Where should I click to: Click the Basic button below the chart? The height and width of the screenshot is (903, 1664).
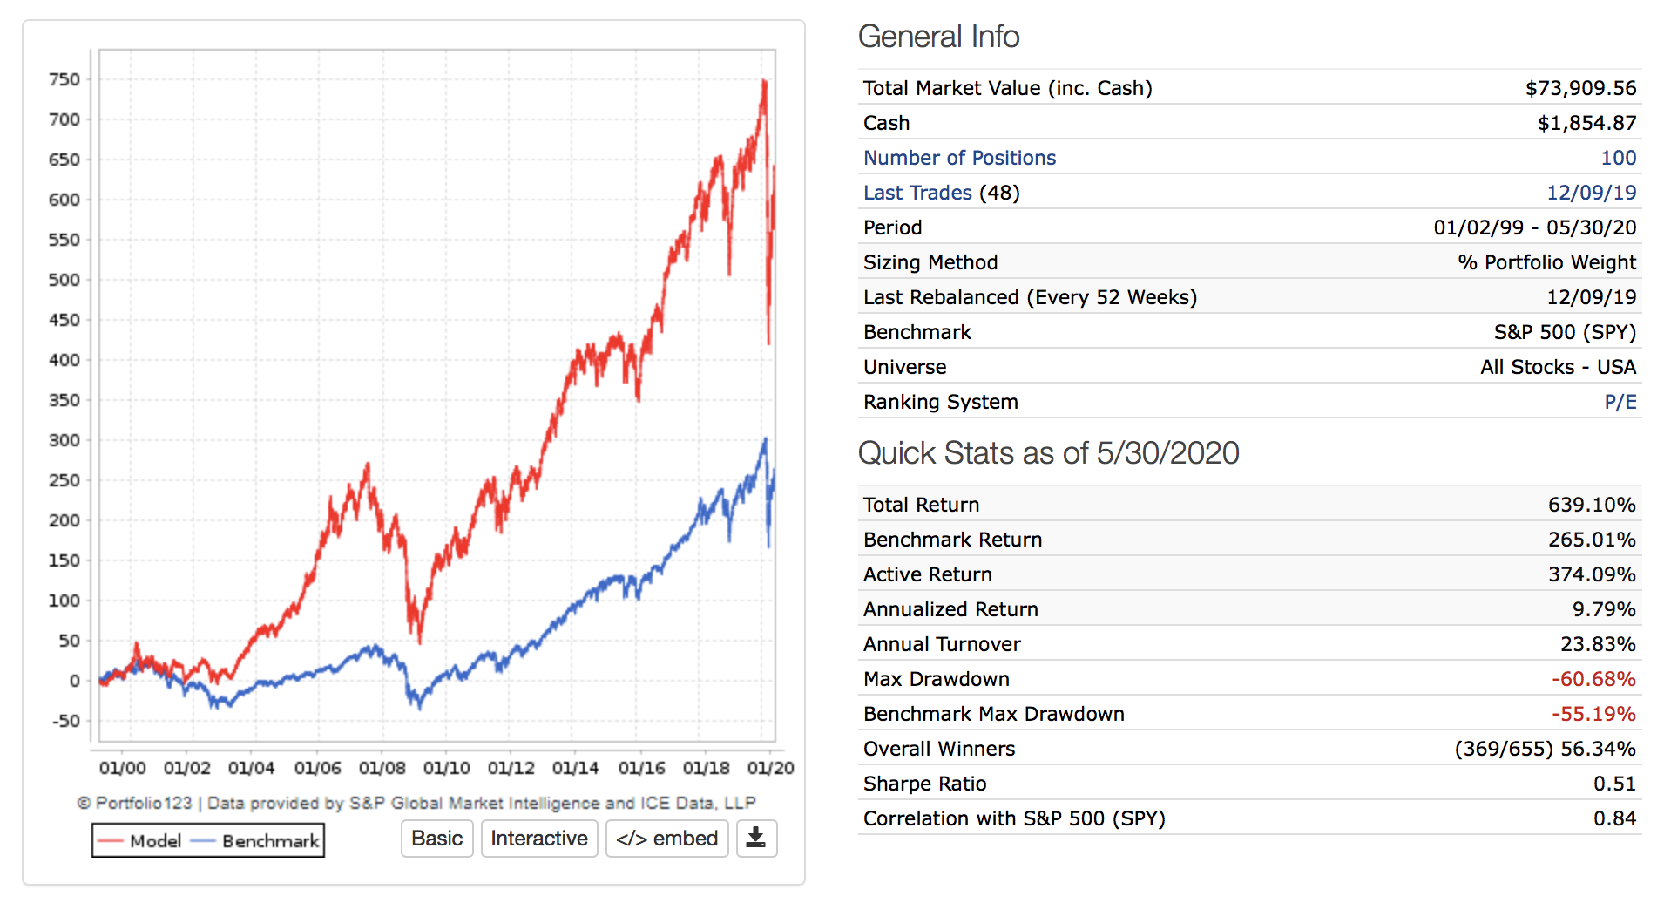(x=436, y=838)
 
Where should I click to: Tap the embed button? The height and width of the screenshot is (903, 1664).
(x=666, y=838)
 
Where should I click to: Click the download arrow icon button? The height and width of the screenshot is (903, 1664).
(x=756, y=838)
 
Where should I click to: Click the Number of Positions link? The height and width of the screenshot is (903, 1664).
(x=959, y=158)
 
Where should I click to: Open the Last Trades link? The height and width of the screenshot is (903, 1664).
(x=917, y=193)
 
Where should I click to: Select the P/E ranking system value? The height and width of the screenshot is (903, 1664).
(x=1620, y=402)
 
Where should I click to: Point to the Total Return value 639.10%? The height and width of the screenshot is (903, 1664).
(x=1592, y=505)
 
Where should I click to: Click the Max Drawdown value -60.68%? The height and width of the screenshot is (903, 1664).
(x=1593, y=679)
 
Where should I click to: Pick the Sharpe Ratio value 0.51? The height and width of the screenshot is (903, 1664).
(x=1614, y=784)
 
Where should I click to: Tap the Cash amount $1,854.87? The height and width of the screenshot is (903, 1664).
(x=1586, y=123)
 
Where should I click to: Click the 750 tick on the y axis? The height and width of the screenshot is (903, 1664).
(x=64, y=79)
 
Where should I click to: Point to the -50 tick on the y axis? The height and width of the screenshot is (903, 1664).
(x=65, y=721)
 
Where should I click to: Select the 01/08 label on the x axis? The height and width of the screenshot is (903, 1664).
(x=382, y=768)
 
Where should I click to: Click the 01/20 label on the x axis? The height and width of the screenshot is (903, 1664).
(x=770, y=768)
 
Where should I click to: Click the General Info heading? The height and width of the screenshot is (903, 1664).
(x=938, y=37)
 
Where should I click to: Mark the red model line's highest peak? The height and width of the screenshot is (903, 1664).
(x=764, y=81)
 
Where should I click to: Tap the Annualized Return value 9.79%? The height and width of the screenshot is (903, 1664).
(x=1604, y=609)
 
